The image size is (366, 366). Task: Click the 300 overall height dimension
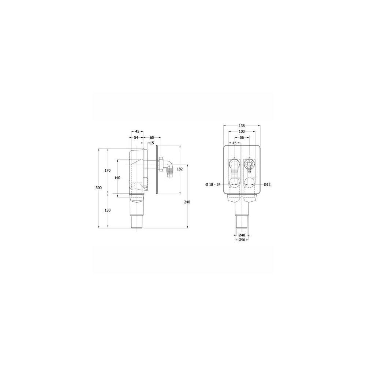coord(99,188)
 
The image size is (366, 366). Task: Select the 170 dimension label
coord(107,171)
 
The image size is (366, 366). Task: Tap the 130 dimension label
coord(108,210)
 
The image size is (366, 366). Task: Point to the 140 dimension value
coord(117,178)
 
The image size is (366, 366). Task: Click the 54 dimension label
coord(136,138)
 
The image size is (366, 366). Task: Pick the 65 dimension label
coord(152,138)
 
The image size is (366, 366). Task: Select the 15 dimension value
coord(152,143)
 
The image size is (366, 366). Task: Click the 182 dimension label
coord(180,169)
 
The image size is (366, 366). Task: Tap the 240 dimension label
coord(187,202)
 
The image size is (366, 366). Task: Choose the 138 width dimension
coord(242,126)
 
